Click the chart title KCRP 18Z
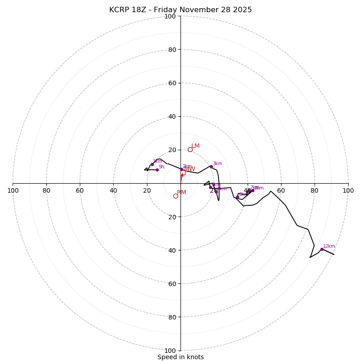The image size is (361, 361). click(x=180, y=10)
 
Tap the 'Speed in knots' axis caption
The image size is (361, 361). click(x=180, y=357)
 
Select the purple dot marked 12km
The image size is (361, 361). click(x=322, y=249)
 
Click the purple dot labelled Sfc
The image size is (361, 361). click(x=157, y=170)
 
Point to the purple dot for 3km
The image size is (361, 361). click(x=211, y=167)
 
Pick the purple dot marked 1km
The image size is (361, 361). click(x=152, y=164)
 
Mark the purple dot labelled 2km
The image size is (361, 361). click(x=182, y=170)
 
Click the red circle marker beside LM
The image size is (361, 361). click(x=190, y=149)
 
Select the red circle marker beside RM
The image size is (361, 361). click(x=176, y=196)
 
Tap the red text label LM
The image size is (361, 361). click(x=195, y=146)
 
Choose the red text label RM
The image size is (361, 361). click(x=181, y=193)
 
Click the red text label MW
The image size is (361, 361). click(x=190, y=169)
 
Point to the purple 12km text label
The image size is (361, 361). click(x=329, y=246)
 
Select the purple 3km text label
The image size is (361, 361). click(x=218, y=164)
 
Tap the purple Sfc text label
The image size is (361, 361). click(x=162, y=167)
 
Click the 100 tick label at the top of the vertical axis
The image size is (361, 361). click(x=170, y=17)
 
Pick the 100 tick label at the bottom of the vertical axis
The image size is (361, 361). click(x=170, y=351)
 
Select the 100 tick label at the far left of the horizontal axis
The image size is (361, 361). click(x=13, y=190)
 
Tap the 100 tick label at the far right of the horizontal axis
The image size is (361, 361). click(x=348, y=190)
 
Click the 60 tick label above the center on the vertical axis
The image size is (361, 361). click(x=172, y=83)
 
